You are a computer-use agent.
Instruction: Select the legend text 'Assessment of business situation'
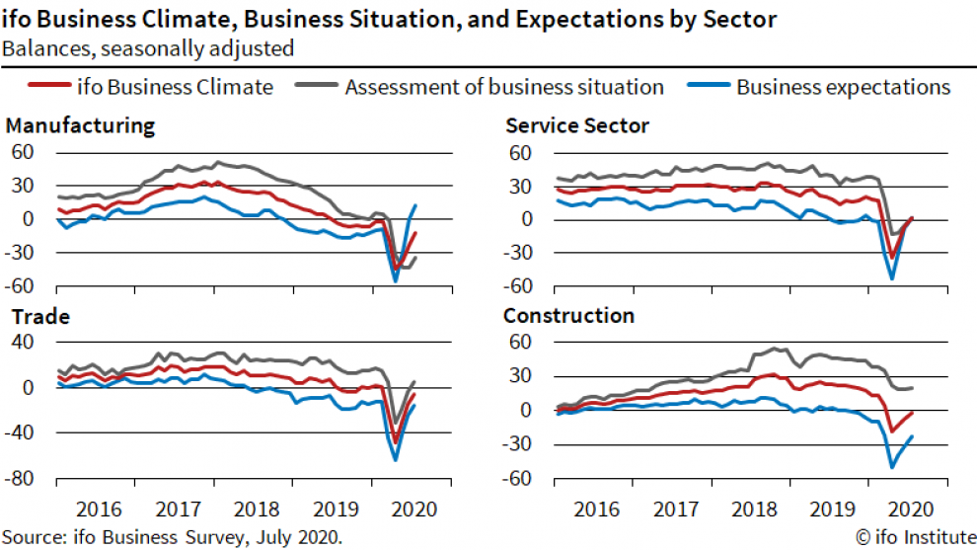click(503, 87)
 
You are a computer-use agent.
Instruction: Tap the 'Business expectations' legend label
click(843, 87)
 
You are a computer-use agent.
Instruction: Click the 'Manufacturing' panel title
click(80, 125)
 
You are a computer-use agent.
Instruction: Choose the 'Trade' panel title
click(38, 317)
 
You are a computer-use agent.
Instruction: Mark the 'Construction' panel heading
click(568, 316)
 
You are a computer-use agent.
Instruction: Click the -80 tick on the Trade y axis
click(21, 479)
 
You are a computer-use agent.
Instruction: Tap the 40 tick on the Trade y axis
click(26, 343)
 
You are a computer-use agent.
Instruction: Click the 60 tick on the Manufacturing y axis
click(24, 152)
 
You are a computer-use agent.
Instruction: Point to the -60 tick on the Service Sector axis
click(520, 286)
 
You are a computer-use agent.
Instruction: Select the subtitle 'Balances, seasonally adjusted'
click(147, 47)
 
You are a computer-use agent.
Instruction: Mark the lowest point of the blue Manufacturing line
click(396, 281)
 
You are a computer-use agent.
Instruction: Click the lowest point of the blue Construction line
click(892, 467)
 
